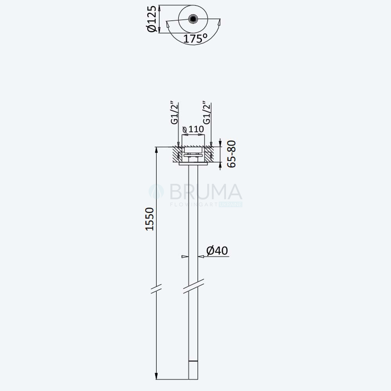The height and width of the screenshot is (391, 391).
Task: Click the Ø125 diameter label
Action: [x=152, y=19]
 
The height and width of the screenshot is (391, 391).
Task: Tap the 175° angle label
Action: [x=195, y=39]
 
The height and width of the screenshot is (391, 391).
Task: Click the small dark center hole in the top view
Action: [x=193, y=19]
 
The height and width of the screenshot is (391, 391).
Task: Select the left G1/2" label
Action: [x=174, y=113]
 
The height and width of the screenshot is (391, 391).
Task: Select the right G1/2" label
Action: [x=207, y=113]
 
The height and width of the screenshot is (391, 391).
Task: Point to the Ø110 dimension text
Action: [x=193, y=129]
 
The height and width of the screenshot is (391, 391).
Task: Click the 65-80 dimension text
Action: [x=231, y=154]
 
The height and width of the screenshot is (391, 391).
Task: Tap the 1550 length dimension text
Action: [x=150, y=219]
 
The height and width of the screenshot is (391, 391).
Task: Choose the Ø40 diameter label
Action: [x=217, y=250]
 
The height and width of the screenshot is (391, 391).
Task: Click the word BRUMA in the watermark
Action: [x=206, y=192]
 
